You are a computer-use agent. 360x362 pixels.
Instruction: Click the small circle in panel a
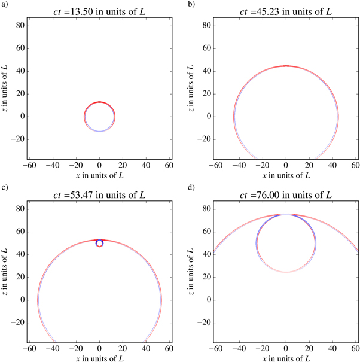pos(99,117)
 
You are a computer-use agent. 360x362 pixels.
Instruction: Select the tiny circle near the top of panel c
pos(99,243)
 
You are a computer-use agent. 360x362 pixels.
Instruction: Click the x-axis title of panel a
pos(99,176)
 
